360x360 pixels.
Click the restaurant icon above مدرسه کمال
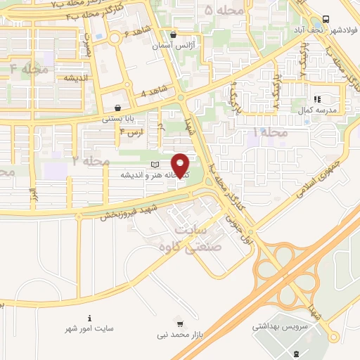[x=317, y=99]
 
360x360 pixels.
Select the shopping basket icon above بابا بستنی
[x=117, y=107]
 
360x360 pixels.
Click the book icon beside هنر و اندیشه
[x=155, y=165]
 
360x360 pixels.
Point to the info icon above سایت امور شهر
[x=89, y=318]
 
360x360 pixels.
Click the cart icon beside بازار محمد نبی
[x=181, y=324]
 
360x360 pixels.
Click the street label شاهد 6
[x=136, y=34]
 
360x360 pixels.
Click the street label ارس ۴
[x=131, y=131]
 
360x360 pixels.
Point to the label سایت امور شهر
[x=89, y=328]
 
